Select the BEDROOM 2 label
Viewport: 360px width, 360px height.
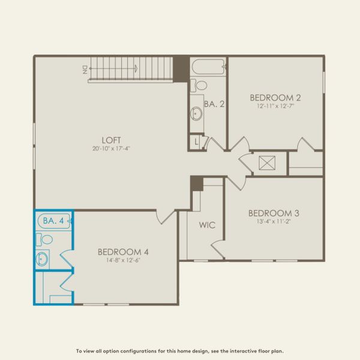pos(275,97)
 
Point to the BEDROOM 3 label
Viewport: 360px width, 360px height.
pos(274,213)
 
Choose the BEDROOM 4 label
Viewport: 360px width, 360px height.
pos(123,251)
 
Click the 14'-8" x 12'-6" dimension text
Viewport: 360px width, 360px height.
pos(123,260)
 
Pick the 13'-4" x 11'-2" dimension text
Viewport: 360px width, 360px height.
pos(274,222)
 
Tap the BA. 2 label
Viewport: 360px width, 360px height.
pos(214,104)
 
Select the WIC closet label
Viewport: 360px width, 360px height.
pos(207,226)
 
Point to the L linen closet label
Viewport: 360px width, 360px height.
pos(197,142)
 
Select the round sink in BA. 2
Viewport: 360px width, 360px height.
pos(196,113)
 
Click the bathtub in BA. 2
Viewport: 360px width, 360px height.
pos(208,67)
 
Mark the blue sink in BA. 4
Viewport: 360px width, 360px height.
pos(42,259)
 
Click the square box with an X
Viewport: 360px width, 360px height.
pos(266,162)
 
